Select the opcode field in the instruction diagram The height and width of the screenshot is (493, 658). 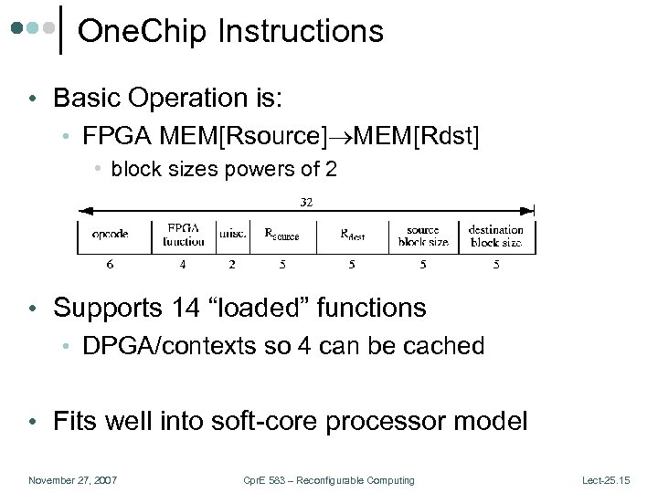(110, 234)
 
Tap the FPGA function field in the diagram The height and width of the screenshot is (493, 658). (185, 235)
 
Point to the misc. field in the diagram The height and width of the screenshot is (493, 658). (232, 234)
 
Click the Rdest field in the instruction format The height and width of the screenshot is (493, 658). (353, 235)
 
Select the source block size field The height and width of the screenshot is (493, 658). (423, 236)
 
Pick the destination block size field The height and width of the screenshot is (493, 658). (496, 236)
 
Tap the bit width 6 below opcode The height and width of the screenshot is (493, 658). (110, 265)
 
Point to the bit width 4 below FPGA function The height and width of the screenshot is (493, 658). (184, 265)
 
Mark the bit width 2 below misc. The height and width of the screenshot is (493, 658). (232, 265)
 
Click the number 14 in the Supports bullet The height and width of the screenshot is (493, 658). (186, 308)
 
